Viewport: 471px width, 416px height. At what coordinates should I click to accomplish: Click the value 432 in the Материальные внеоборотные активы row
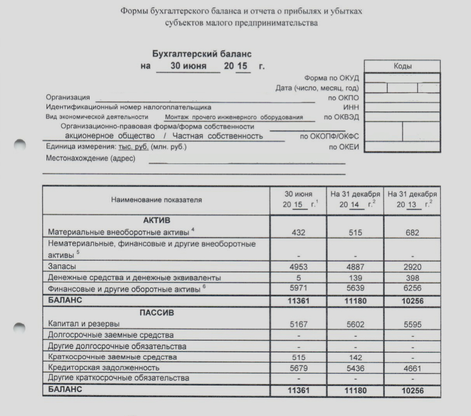298,233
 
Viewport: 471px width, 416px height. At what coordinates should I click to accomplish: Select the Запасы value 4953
298,266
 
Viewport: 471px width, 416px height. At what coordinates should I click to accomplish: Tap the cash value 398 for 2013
412,278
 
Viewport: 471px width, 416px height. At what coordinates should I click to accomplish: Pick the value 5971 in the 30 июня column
298,289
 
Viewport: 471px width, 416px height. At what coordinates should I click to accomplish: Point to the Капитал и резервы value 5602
355,323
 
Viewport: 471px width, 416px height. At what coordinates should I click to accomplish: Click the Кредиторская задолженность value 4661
412,367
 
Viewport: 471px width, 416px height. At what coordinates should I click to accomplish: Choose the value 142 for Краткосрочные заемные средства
355,357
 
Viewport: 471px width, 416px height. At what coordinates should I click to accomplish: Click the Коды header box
402,67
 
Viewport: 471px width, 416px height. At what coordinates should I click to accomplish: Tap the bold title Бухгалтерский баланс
202,54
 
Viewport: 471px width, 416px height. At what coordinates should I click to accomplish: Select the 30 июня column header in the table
298,200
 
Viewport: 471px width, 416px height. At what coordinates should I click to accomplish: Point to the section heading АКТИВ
156,220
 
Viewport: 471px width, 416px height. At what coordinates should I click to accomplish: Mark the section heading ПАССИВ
156,312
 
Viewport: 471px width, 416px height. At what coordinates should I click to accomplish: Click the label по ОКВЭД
341,117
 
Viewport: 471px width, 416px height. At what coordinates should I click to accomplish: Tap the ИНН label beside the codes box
352,107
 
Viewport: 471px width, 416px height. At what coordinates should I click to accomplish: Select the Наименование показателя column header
156,200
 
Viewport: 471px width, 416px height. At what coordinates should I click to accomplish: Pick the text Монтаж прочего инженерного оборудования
234,117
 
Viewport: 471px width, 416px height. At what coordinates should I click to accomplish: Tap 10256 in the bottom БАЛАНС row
412,390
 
